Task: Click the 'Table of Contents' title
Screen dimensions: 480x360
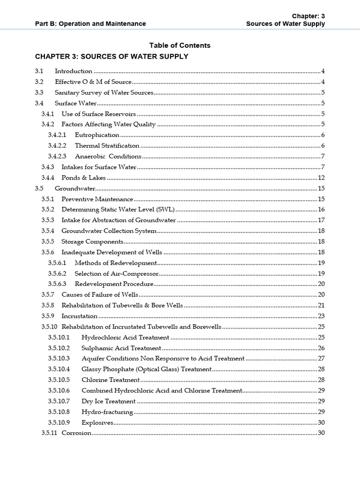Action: click(180, 45)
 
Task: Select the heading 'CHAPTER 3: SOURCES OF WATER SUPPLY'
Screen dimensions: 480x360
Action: click(112, 57)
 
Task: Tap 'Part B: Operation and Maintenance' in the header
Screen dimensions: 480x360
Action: click(90, 23)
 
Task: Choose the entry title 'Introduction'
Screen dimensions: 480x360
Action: click(74, 71)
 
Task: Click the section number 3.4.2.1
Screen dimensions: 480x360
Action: click(58, 135)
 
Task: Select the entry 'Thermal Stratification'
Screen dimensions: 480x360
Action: click(107, 146)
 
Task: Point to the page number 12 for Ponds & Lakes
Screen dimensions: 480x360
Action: click(321, 178)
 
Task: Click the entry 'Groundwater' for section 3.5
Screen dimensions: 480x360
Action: click(75, 188)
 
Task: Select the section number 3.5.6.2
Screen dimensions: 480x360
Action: click(58, 273)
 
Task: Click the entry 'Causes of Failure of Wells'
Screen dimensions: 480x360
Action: click(100, 294)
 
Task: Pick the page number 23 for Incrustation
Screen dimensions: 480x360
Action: click(321, 316)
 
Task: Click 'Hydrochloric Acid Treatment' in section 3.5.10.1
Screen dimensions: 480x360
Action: click(125, 337)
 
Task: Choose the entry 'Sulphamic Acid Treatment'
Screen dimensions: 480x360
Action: click(121, 348)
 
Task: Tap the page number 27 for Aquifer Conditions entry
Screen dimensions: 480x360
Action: click(321, 359)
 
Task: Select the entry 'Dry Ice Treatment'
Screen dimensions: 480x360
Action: click(108, 401)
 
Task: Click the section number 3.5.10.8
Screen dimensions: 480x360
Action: click(59, 412)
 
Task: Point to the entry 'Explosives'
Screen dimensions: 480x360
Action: click(97, 422)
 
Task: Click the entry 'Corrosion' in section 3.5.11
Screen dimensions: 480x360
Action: click(76, 433)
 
